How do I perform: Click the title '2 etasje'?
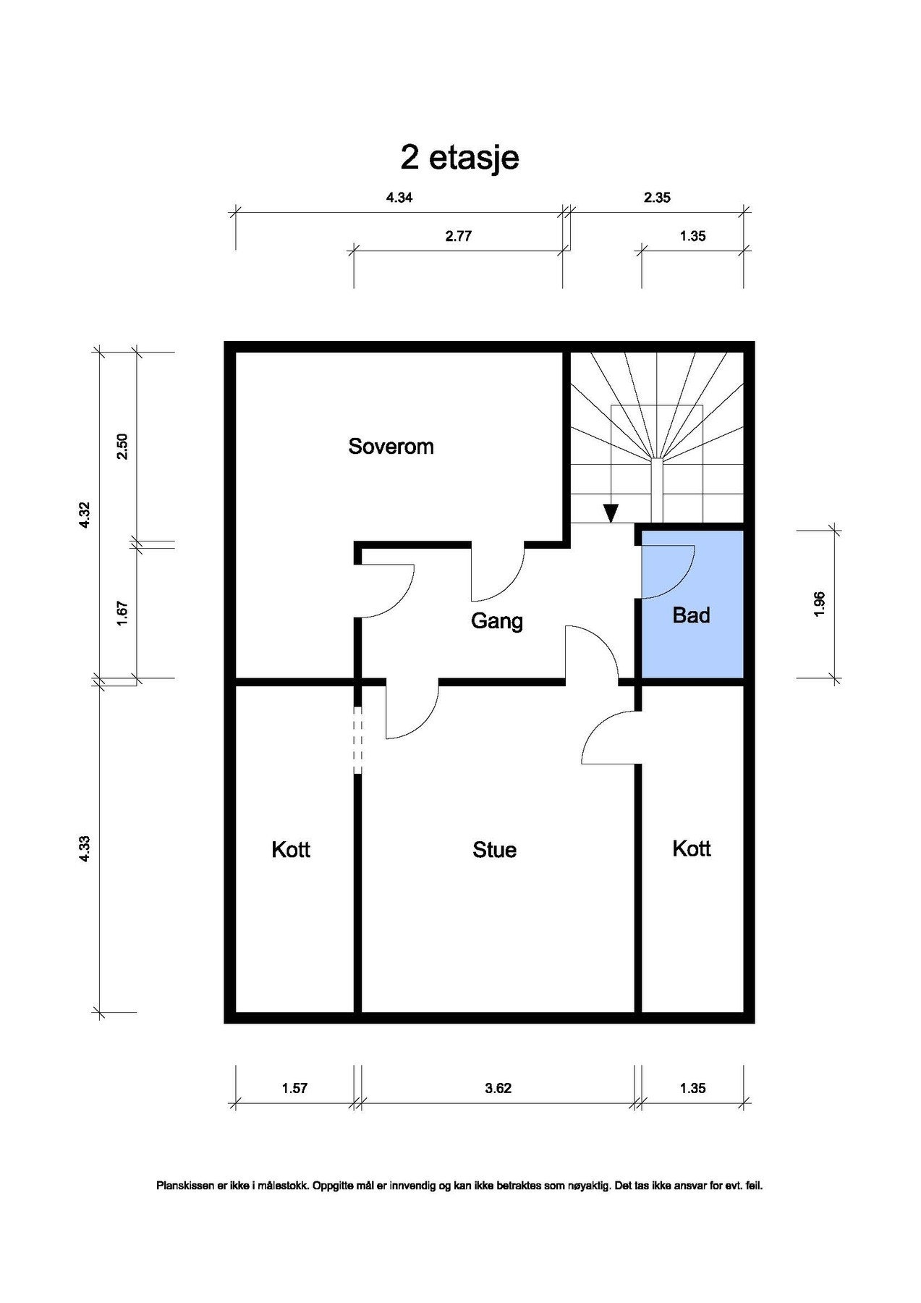(x=459, y=158)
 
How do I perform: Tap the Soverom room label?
(x=391, y=446)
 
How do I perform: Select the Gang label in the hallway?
(x=496, y=621)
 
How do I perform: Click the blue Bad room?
(x=692, y=604)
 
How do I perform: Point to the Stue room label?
(x=494, y=850)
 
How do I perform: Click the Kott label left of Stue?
(x=291, y=849)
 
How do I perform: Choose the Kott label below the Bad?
(x=692, y=848)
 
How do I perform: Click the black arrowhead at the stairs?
(x=611, y=513)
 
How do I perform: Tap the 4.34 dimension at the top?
(x=399, y=198)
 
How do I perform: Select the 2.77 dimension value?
(x=459, y=236)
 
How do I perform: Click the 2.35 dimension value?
(x=657, y=198)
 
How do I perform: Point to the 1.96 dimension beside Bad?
(x=819, y=604)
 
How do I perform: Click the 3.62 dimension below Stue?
(x=498, y=1088)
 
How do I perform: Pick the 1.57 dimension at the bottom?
(x=294, y=1088)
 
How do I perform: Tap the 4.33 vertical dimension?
(x=85, y=848)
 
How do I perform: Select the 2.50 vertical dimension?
(x=122, y=446)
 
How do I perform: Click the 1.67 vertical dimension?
(x=122, y=614)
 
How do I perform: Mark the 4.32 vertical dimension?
(x=85, y=515)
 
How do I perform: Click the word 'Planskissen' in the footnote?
(x=182, y=1186)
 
